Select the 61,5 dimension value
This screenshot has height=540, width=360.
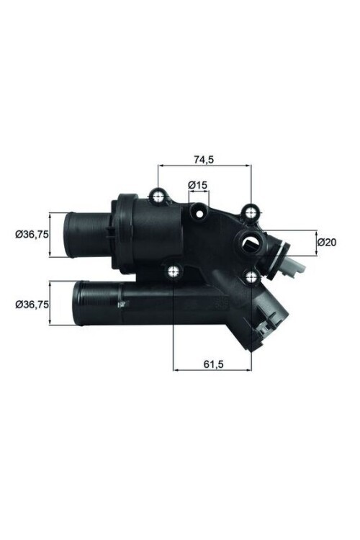(x=210, y=364)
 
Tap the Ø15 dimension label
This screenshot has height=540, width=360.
(x=198, y=185)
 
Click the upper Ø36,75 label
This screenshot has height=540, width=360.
(x=32, y=233)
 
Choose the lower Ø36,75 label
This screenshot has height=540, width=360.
(x=32, y=305)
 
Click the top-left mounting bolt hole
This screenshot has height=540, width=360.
(x=158, y=195)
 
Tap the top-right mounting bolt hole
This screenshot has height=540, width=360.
(x=251, y=211)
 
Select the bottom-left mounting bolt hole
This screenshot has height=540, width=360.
(x=174, y=271)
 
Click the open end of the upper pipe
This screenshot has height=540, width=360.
(x=67, y=234)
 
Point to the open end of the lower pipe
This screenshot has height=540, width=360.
(x=77, y=304)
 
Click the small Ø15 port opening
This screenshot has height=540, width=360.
(x=199, y=211)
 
